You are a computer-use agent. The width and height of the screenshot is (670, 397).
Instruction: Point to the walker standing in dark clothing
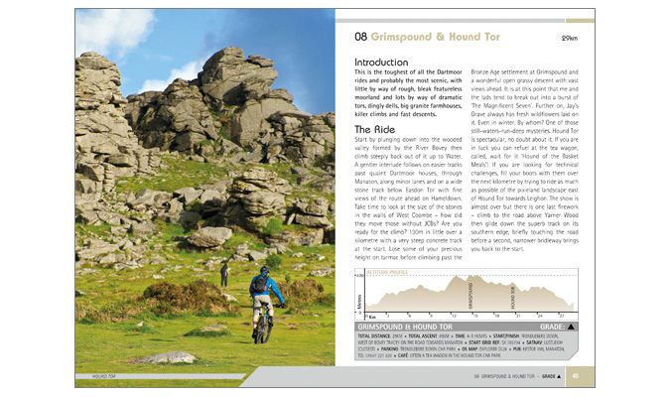click(x=224, y=273)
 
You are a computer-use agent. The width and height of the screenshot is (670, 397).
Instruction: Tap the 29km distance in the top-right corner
click(x=569, y=38)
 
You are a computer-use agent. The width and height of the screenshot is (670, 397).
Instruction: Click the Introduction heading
click(x=380, y=62)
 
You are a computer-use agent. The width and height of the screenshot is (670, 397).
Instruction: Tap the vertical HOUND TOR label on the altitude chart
click(x=511, y=299)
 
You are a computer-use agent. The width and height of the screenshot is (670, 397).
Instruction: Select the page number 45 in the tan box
click(x=576, y=376)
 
